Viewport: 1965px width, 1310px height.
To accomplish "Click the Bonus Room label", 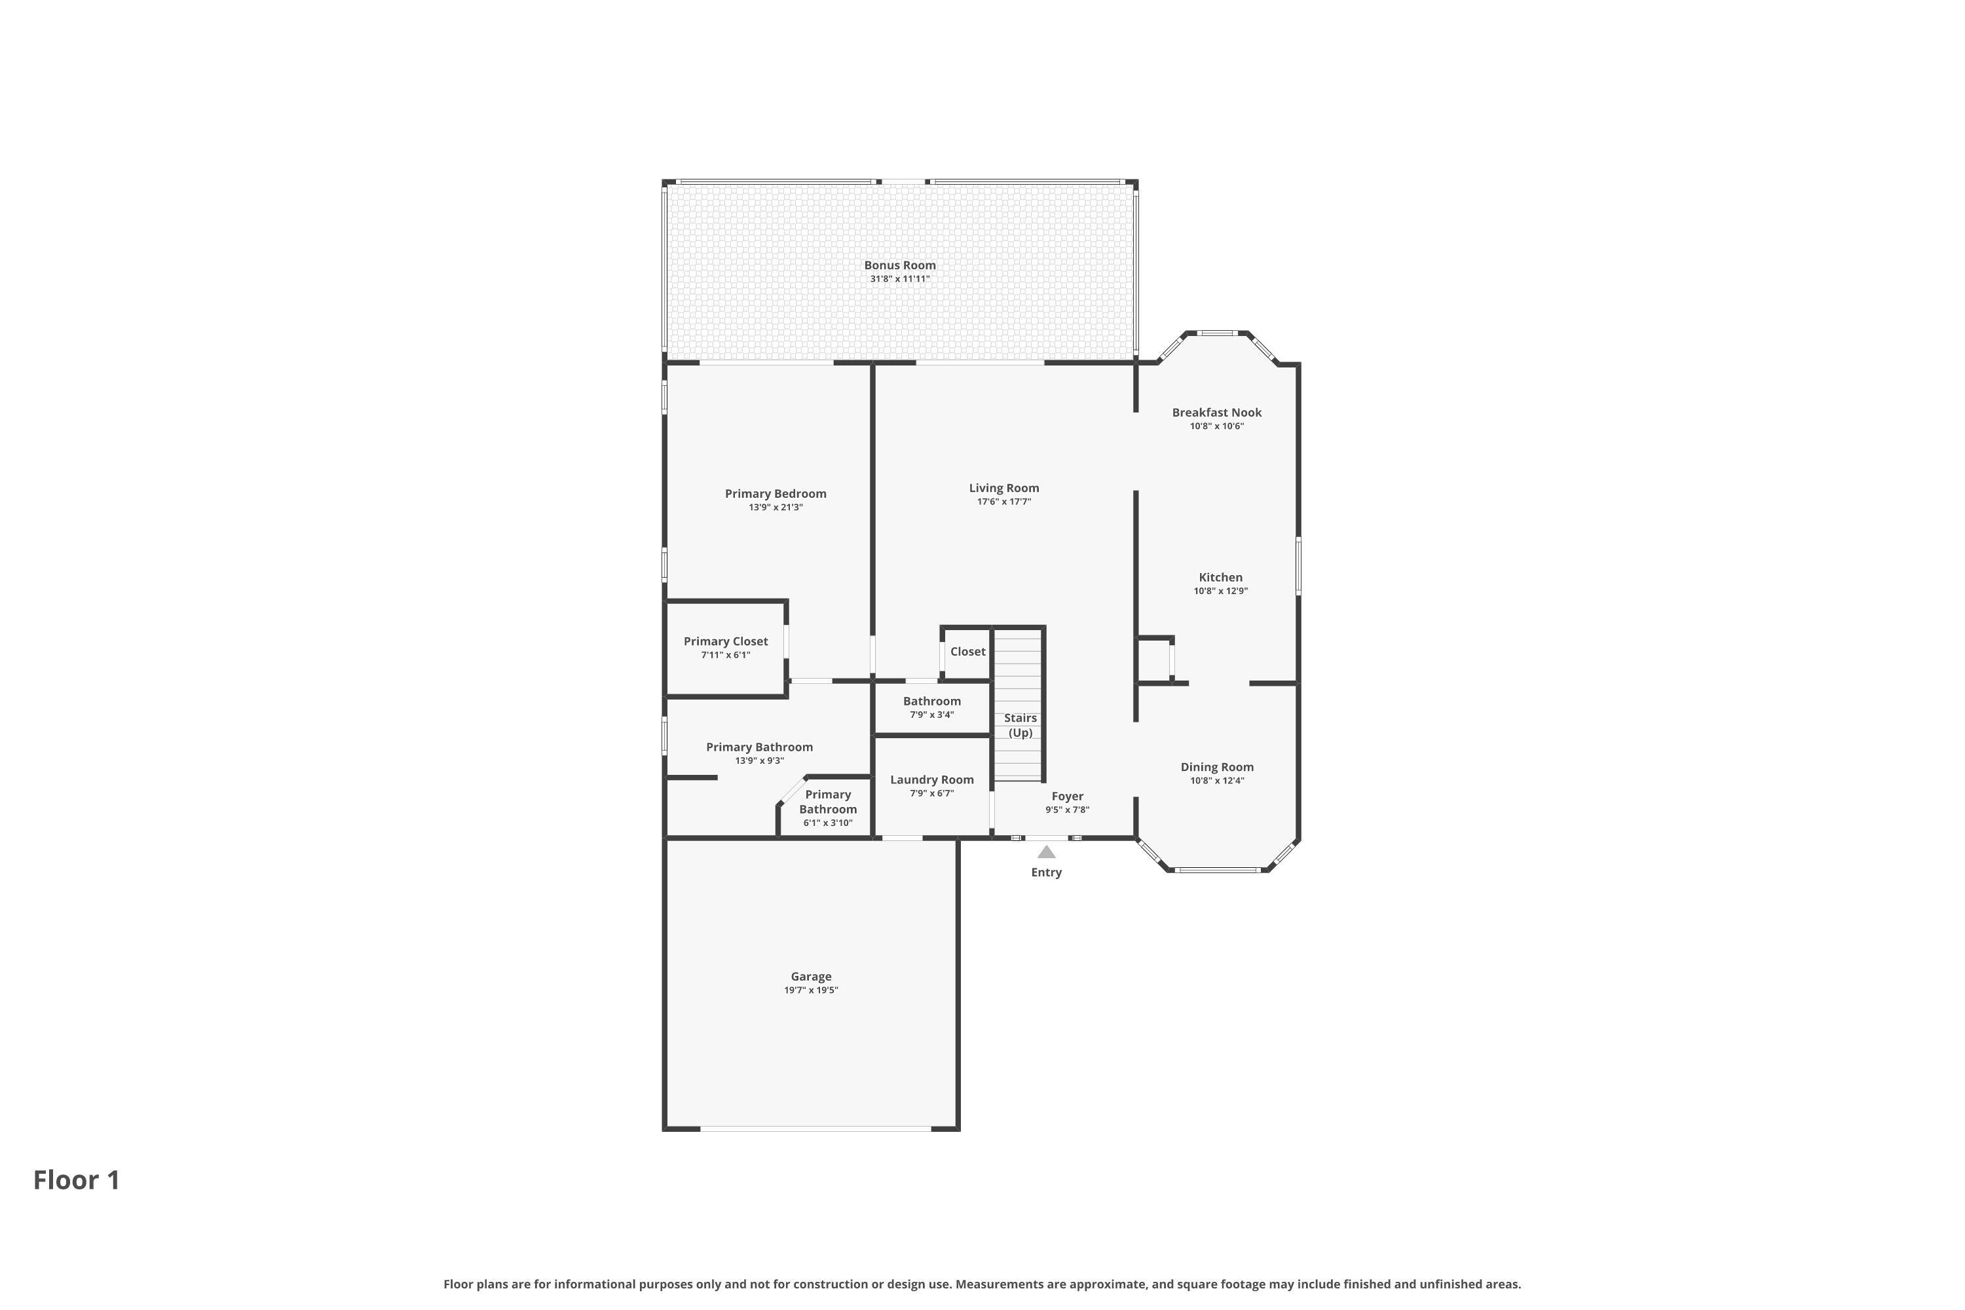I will coord(900,265).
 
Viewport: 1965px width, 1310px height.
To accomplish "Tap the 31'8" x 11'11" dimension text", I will coord(900,279).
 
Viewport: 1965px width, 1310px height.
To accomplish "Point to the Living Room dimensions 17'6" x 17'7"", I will coord(1004,502).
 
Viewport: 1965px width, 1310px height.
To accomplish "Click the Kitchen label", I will coord(1221,577).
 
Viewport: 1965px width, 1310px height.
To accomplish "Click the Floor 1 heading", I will coord(77,1180).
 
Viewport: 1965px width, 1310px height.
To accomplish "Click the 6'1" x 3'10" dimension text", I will coord(828,823).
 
